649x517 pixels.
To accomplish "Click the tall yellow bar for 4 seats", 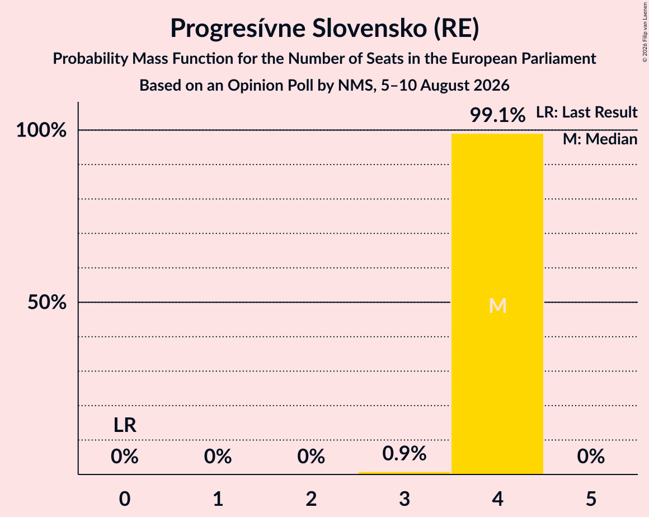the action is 497,304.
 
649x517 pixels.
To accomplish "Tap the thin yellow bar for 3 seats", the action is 404,473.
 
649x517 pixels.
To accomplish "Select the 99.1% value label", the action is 497,115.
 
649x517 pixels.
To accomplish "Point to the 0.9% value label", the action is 404,453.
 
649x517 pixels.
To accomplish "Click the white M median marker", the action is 497,305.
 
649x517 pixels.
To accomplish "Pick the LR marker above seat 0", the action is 125,425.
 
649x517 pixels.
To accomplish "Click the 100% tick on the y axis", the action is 41,130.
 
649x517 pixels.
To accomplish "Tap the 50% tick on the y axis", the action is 47,302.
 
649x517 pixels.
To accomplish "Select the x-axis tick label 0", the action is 125,499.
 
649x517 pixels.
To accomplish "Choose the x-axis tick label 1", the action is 218,499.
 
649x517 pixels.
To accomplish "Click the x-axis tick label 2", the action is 311,499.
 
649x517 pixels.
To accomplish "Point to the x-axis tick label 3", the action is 405,499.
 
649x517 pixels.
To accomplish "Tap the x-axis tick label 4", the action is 497,499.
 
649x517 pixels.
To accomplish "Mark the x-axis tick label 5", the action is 591,499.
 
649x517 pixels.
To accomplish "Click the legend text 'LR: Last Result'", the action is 586,112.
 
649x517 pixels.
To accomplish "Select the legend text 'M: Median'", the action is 600,139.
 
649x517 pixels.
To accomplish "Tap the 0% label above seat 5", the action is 591,456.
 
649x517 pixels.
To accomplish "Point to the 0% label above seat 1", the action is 218,456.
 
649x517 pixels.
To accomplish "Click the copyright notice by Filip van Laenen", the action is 645,32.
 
